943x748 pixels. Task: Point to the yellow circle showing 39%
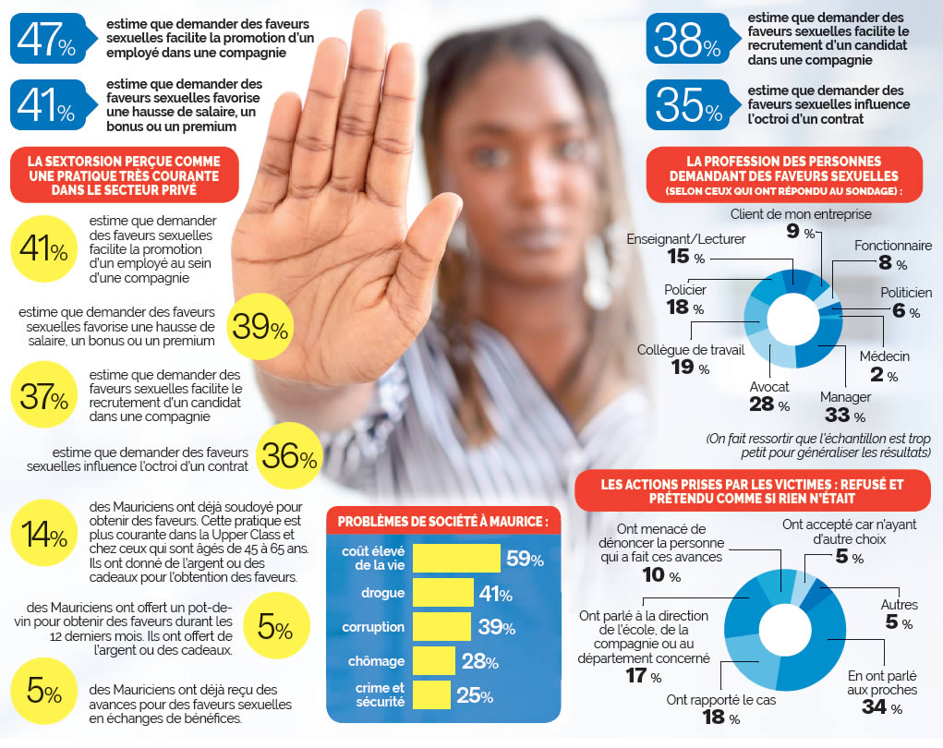tap(260, 326)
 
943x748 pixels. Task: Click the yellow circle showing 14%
tap(44, 537)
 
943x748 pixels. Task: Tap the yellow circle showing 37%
tap(44, 398)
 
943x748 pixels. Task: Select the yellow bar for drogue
tap(442, 593)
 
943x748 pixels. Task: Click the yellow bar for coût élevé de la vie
tap(456, 558)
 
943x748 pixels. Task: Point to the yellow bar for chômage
tap(433, 661)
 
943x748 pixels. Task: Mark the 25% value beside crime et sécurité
tap(474, 695)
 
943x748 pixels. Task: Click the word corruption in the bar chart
tap(373, 627)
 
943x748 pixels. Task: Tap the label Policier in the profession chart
tap(685, 290)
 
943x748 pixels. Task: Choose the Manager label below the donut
tap(845, 397)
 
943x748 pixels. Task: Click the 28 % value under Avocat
tap(769, 404)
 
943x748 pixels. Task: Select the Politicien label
tap(905, 293)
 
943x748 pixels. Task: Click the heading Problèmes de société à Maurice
tap(443, 521)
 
